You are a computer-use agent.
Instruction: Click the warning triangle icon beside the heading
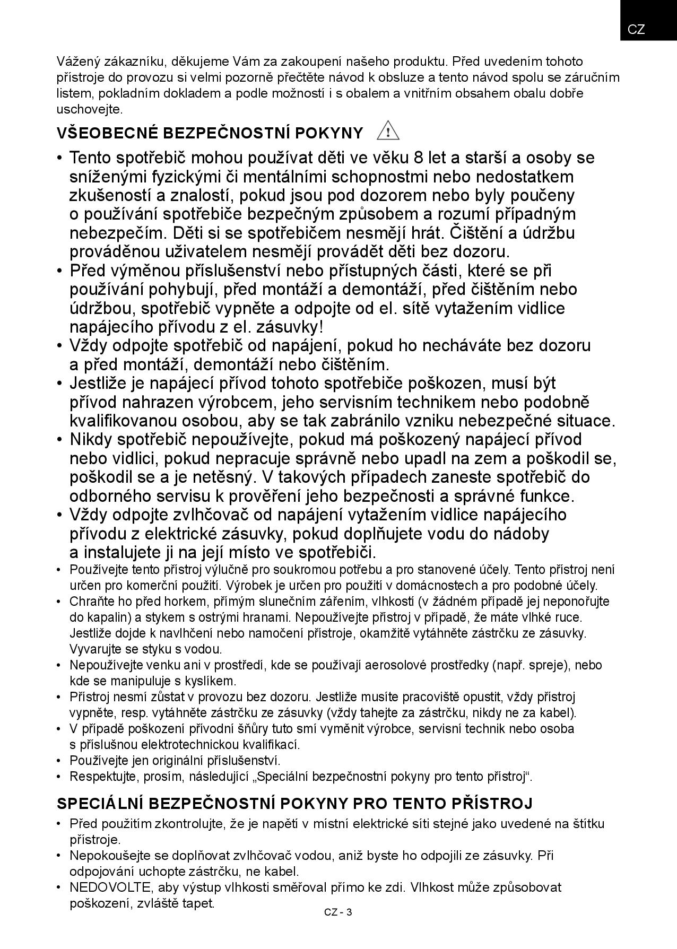[x=388, y=130]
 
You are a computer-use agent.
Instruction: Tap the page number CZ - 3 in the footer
[x=338, y=912]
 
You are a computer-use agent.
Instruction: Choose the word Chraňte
[x=89, y=602]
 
